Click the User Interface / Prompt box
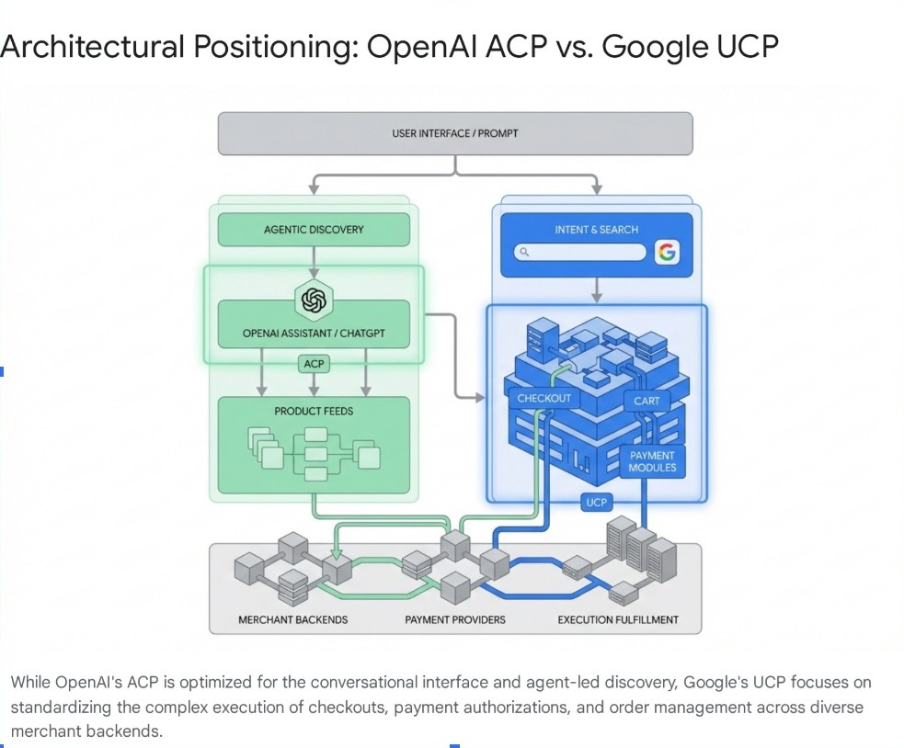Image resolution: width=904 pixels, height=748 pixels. [x=455, y=133]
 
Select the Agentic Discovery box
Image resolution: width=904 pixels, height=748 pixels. [x=314, y=230]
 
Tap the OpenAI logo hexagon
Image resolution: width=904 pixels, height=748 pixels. [x=314, y=300]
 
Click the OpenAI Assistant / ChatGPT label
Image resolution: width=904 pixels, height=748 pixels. [x=314, y=334]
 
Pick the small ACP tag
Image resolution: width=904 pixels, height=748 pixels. [x=315, y=365]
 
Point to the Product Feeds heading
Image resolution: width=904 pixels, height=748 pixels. [x=314, y=411]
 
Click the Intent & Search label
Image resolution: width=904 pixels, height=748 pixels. [x=596, y=230]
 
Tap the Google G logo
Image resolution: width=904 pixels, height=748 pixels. [x=667, y=252]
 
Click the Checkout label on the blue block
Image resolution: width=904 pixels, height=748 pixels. [x=544, y=398]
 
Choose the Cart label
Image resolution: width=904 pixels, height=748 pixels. [x=647, y=401]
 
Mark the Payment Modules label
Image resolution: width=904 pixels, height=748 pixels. [x=652, y=461]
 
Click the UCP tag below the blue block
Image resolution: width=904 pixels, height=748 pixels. [x=596, y=502]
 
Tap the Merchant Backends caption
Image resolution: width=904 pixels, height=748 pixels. [x=292, y=619]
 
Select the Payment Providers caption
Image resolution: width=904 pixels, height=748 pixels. [x=455, y=619]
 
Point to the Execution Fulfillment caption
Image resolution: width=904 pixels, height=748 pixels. [x=618, y=619]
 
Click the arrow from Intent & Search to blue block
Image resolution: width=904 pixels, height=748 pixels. [x=596, y=289]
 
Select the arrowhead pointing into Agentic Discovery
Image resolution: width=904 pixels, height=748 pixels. [x=314, y=188]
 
